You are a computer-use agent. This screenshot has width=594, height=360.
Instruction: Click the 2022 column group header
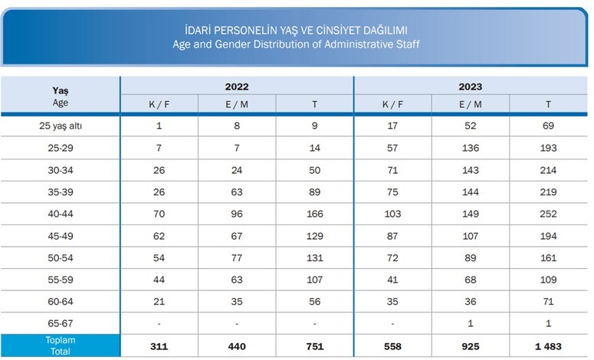click(237, 87)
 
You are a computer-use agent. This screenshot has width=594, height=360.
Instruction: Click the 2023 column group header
click(471, 87)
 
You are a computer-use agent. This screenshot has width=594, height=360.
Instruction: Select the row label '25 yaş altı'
click(61, 125)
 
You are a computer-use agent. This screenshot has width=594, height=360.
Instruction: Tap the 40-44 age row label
click(61, 214)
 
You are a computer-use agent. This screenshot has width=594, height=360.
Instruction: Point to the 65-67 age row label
click(61, 324)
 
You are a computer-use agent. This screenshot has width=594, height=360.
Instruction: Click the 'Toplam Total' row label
click(61, 346)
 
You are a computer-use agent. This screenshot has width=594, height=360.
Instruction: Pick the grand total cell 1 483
click(548, 347)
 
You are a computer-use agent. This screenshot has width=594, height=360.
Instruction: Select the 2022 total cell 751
click(314, 347)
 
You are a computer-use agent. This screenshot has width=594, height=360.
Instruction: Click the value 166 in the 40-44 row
click(314, 214)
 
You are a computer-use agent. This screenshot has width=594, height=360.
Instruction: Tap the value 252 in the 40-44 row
click(548, 214)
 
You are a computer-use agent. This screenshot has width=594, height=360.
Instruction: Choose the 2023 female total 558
click(392, 347)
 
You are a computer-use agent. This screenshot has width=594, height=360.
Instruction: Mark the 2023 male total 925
click(471, 347)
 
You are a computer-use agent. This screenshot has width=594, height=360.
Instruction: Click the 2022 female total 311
click(159, 347)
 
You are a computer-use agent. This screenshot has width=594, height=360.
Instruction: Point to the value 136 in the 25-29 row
click(471, 147)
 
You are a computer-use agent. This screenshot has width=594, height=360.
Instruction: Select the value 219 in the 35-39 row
click(548, 191)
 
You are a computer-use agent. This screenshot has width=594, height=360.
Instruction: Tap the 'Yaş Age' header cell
click(61, 96)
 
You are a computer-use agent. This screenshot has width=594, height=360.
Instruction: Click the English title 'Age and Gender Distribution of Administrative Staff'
click(297, 44)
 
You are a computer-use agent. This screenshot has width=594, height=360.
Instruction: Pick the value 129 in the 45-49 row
click(314, 236)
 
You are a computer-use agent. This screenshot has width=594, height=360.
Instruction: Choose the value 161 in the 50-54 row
click(548, 258)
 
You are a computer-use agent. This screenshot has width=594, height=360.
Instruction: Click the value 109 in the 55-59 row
click(548, 280)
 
